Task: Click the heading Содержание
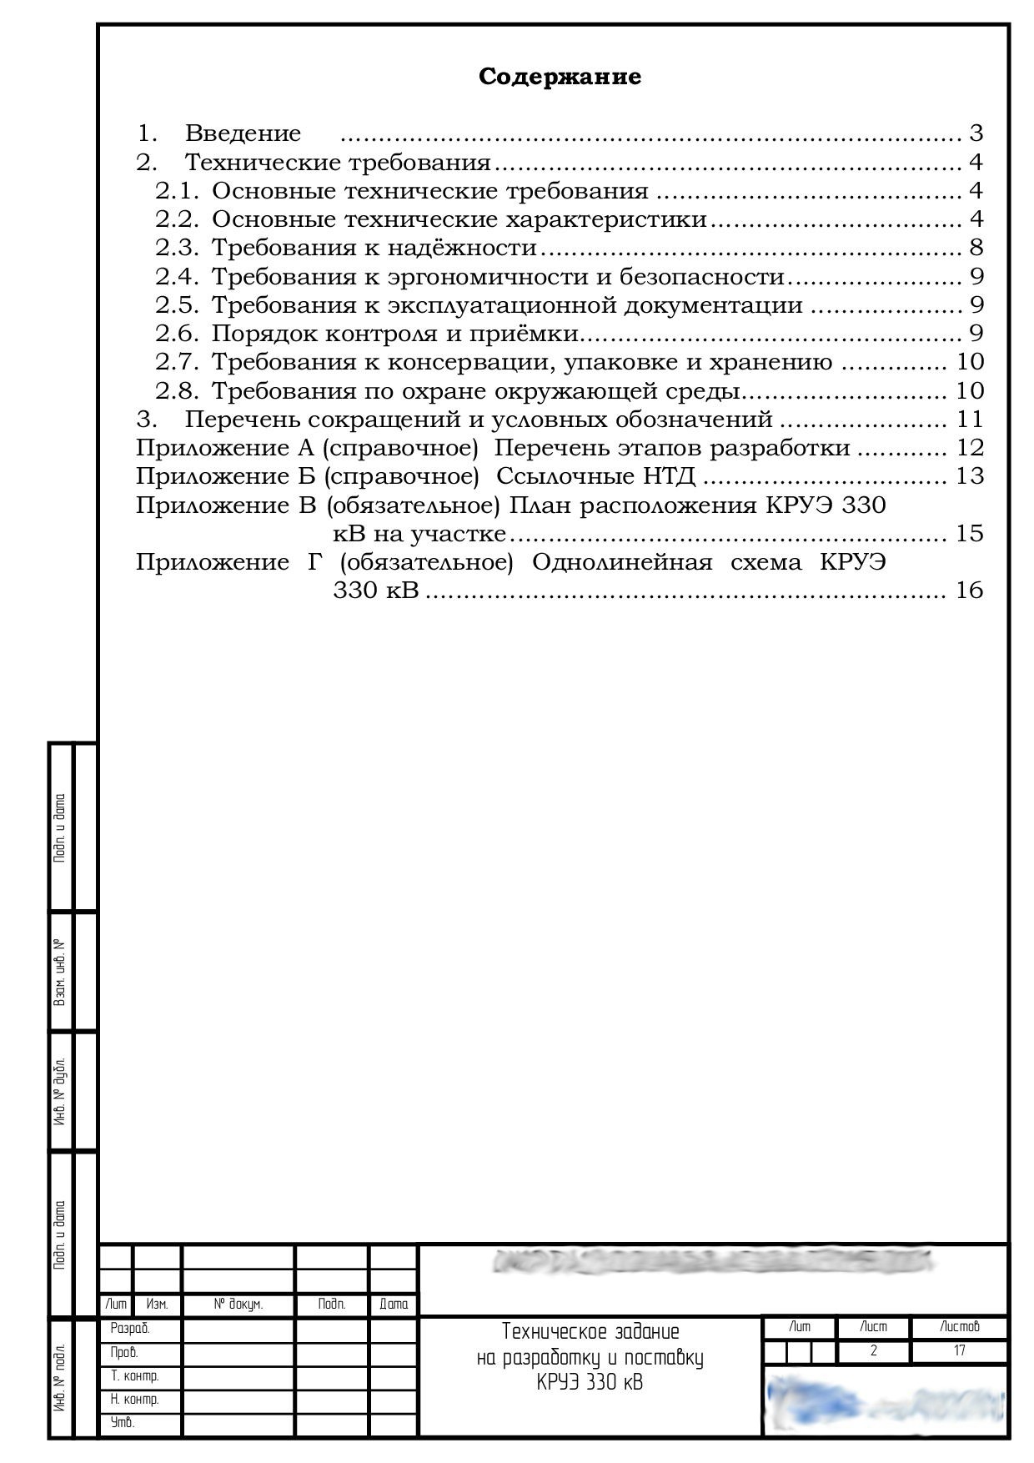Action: click(560, 77)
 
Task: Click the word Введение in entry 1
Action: click(243, 133)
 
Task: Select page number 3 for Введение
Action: click(976, 133)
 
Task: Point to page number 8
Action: click(976, 248)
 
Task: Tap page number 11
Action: click(970, 419)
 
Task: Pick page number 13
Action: click(970, 476)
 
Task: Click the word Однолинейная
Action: click(621, 562)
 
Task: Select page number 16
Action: click(970, 591)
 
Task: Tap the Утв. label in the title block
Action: click(123, 1423)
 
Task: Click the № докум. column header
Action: click(238, 1305)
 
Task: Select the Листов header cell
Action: click(959, 1326)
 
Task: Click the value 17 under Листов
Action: click(959, 1350)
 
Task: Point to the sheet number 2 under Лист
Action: click(873, 1350)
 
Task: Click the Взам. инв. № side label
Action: click(60, 973)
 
